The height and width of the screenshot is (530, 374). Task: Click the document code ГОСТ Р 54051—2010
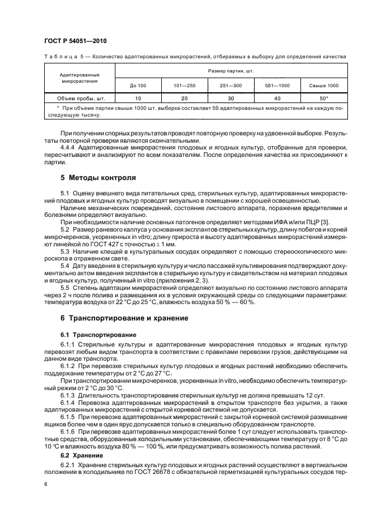[x=75, y=41]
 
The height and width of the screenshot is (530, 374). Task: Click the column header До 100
[x=137, y=86]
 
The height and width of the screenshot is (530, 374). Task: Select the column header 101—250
[x=184, y=86]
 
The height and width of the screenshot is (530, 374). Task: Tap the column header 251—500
[x=231, y=86]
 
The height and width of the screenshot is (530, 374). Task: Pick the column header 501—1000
[x=277, y=86]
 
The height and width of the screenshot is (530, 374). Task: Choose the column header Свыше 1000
[x=324, y=86]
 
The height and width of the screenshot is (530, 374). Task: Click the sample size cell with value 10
[x=137, y=98]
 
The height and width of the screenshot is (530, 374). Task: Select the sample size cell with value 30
[x=231, y=98]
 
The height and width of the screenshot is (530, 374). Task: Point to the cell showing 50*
[x=324, y=98]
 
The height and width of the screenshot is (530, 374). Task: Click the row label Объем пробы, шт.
[x=80, y=98]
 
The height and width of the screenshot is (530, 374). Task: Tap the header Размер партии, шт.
[x=231, y=71]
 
